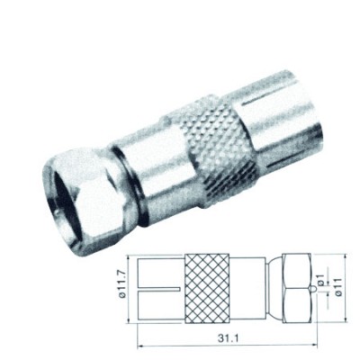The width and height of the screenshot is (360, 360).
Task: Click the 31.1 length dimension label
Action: (226, 338)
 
